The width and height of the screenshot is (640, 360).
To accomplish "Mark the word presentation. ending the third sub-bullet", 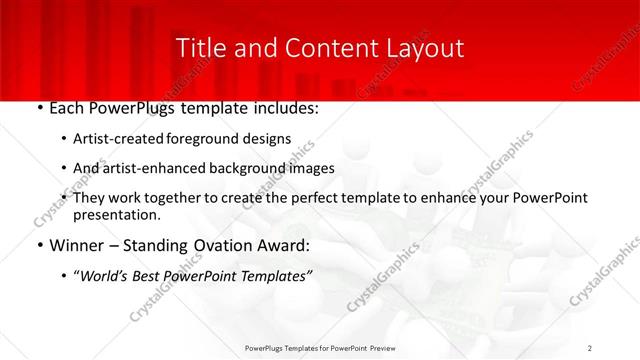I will [116, 214].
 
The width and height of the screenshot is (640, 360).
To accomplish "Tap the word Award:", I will [285, 243].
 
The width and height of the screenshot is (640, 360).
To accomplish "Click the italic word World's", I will [109, 272].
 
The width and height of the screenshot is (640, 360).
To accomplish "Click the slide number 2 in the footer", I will [590, 348].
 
